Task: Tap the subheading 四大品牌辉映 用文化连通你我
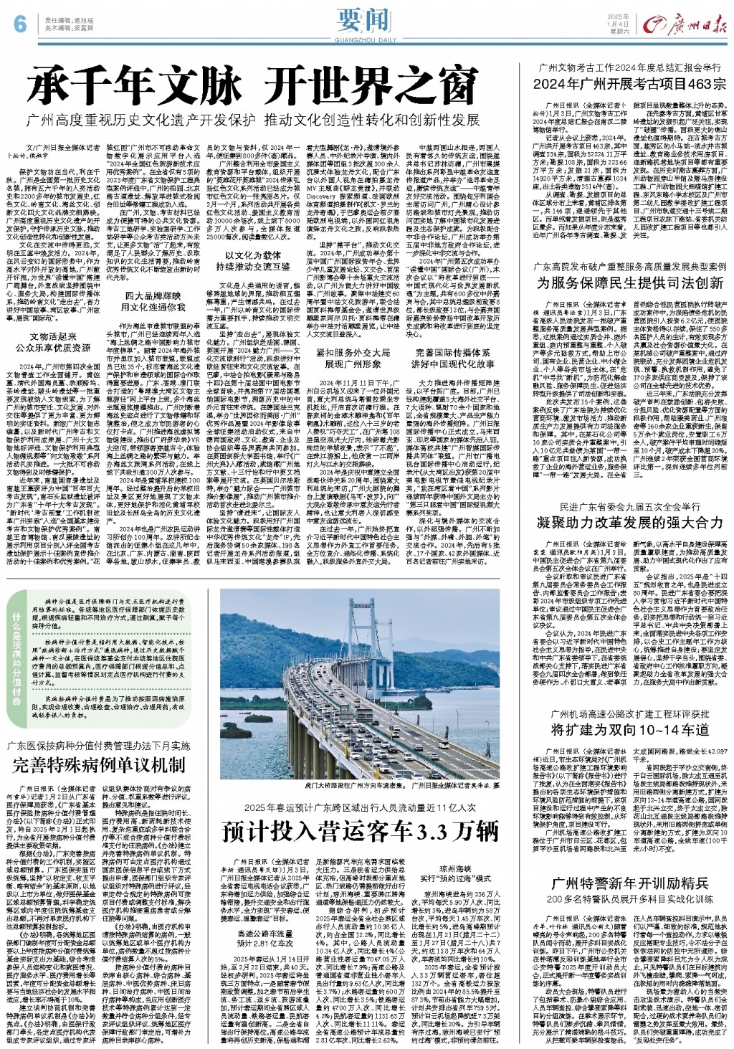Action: [x=147, y=302]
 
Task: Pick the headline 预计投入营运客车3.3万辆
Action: [x=361, y=832]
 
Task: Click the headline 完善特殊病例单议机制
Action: [x=99, y=764]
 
